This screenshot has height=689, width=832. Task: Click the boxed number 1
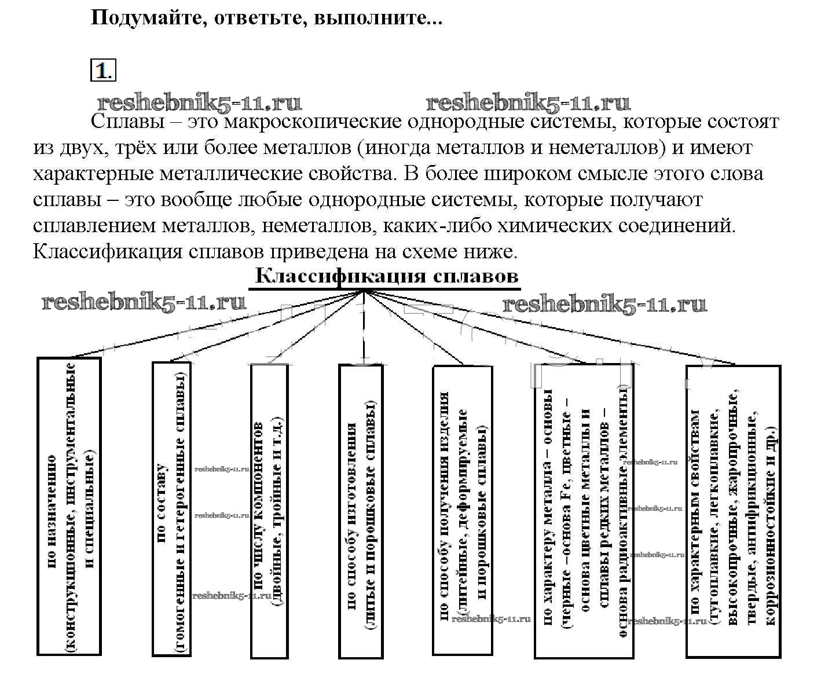click(102, 71)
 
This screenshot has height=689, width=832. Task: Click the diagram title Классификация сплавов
click(386, 276)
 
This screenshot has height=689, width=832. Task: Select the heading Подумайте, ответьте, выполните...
click(266, 19)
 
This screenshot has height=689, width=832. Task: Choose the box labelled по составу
click(171, 509)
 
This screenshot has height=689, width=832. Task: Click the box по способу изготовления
click(360, 511)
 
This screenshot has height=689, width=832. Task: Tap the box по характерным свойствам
click(732, 511)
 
